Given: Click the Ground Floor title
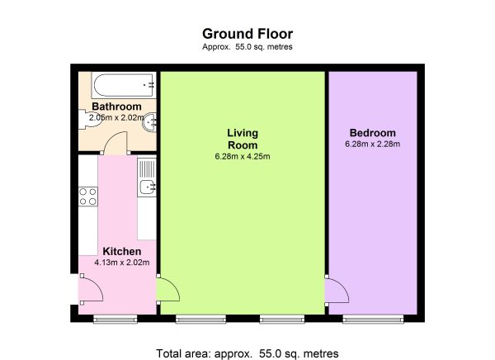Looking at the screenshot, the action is coord(247,34).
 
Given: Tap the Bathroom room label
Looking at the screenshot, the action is coord(116,107).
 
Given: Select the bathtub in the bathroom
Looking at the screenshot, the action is coord(124,85).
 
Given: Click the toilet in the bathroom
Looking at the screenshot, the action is coord(89,119).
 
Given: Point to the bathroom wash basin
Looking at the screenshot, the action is coord(149,122).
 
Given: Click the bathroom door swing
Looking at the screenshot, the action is coord(115,143).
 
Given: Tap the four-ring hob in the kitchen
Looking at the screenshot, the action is coord(88,197).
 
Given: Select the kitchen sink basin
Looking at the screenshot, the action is coord(147,187).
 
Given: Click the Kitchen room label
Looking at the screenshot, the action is coord(122,252).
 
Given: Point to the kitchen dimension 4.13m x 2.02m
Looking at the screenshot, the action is coord(122,263).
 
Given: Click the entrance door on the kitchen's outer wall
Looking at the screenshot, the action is coord(91,289).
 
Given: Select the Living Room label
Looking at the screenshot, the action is coord(243,139).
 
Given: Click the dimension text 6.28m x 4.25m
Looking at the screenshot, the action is coord(243,156).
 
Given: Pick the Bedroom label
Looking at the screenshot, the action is coord(373,133).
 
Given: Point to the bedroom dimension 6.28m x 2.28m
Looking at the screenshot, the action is coord(373,144).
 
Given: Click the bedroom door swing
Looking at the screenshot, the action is coord(337,290).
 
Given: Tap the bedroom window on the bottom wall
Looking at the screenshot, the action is coord(373,319).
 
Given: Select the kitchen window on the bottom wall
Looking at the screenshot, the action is coord(115,319).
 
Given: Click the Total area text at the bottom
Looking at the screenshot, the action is coord(247,353).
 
